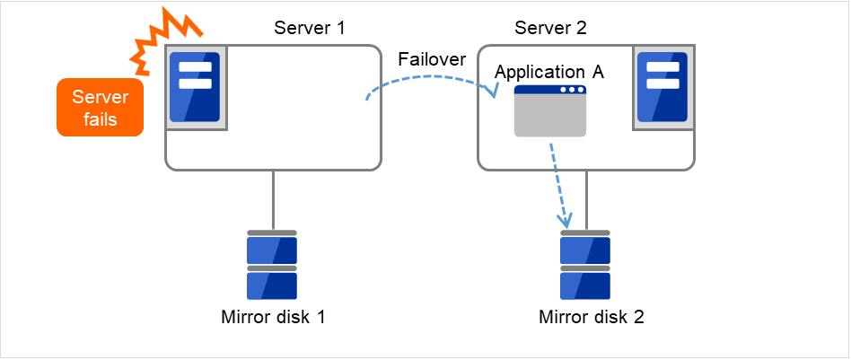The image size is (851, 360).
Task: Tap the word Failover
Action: [432, 58]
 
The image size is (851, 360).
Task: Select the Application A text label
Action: [549, 72]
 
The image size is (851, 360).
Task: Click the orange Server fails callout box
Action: [100, 107]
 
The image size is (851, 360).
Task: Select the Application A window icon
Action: [549, 111]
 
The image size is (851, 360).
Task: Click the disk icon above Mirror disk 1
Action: [272, 265]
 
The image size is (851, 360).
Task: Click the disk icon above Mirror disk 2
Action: [585, 265]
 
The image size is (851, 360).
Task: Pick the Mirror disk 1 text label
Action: [272, 317]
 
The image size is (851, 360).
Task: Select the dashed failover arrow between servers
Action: [431, 78]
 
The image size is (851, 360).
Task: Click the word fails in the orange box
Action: [100, 119]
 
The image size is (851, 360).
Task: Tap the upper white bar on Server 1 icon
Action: [195, 67]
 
